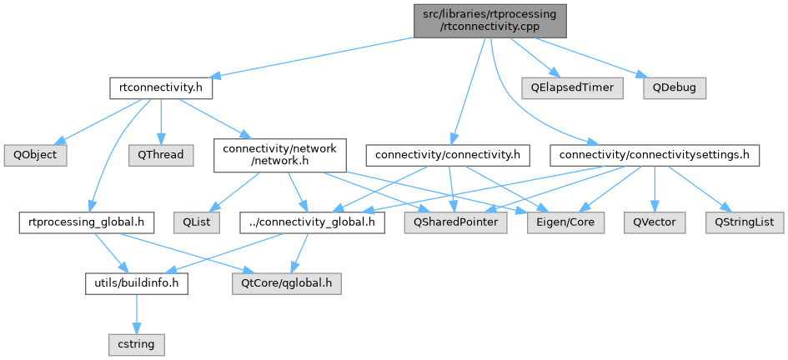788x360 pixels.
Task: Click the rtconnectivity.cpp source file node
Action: (490, 20)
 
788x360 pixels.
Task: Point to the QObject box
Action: (33, 154)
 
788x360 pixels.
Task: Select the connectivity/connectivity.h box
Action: (448, 154)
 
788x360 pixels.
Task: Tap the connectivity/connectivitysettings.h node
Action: (655, 154)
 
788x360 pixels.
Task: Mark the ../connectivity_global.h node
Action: (312, 222)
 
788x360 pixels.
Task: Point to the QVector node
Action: (654, 222)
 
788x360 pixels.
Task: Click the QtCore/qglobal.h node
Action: (286, 283)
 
